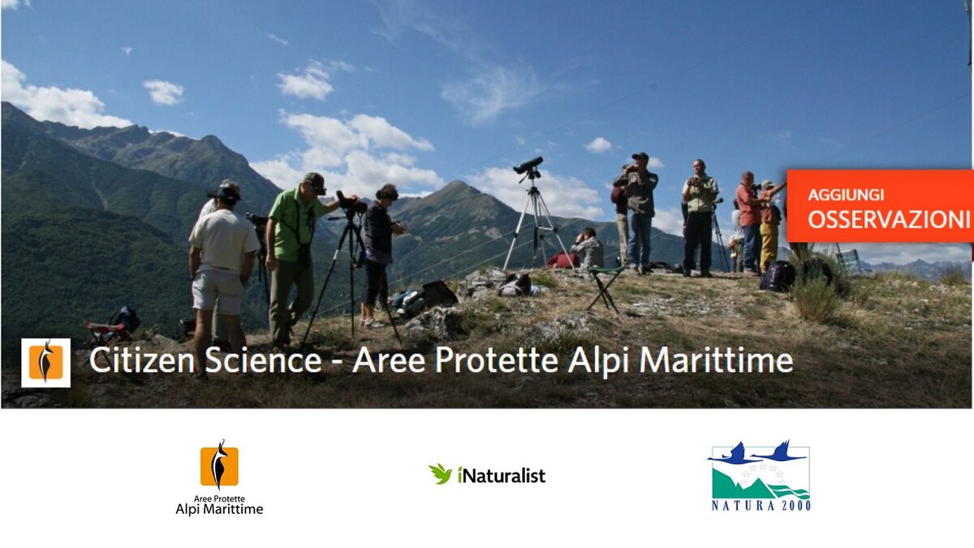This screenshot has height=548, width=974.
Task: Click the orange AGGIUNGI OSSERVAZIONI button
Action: pos(880,205)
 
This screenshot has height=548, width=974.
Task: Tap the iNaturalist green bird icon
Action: pos(440,473)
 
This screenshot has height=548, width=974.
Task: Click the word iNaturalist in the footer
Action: pos(502,475)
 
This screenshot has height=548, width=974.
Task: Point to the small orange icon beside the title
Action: pos(45,363)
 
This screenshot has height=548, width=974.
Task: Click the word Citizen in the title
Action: pos(142,360)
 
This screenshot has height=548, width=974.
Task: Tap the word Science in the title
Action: pos(263,360)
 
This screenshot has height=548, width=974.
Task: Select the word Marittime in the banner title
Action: pos(716,360)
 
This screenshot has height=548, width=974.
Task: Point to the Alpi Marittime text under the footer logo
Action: pos(219,509)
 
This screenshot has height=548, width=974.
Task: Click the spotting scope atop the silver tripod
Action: pos(528,165)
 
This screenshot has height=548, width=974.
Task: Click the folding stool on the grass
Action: pos(605,288)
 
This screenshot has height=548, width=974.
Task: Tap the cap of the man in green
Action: pos(315,182)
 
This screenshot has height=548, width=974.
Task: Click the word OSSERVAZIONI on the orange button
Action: pos(889,219)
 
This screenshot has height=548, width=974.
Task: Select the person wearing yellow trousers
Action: pos(769,227)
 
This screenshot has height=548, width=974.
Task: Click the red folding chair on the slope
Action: pos(108,330)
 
